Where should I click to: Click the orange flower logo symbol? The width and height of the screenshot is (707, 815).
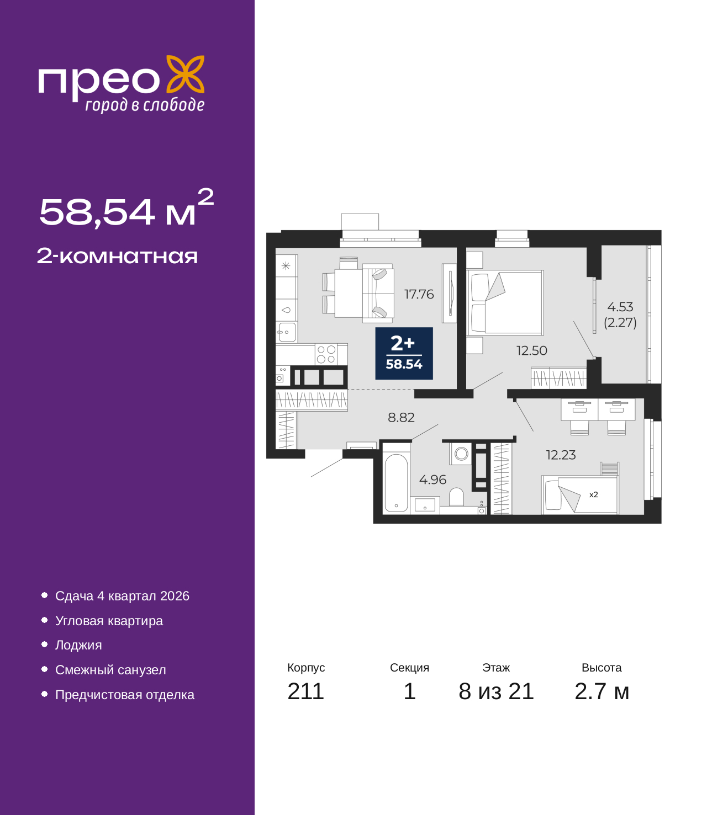pyautogui.click(x=185, y=74)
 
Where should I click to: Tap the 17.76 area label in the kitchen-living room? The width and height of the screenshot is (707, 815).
pyautogui.click(x=419, y=294)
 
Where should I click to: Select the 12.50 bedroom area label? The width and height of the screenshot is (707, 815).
pyautogui.click(x=531, y=350)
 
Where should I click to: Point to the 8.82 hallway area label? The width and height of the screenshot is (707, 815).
pyautogui.click(x=401, y=417)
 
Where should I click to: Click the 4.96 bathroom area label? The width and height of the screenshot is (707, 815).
pyautogui.click(x=432, y=480)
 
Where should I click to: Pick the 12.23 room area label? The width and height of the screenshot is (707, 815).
pyautogui.click(x=561, y=455)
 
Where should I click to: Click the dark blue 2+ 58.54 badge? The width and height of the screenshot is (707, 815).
pyautogui.click(x=404, y=353)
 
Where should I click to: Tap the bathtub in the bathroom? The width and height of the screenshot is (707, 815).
pyautogui.click(x=396, y=483)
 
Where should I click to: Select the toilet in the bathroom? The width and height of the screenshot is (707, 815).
pyautogui.click(x=456, y=497)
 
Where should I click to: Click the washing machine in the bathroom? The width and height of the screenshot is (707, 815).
pyautogui.click(x=461, y=454)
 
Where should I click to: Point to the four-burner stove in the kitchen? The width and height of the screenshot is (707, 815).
pyautogui.click(x=326, y=354)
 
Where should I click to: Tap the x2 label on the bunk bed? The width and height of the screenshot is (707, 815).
pyautogui.click(x=593, y=494)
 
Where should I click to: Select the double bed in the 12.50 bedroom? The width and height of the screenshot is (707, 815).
pyautogui.click(x=505, y=302)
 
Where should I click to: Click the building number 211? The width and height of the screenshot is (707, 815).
pyautogui.click(x=305, y=691)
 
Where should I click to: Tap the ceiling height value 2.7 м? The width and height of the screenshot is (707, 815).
pyautogui.click(x=602, y=691)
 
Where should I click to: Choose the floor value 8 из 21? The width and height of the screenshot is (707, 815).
pyautogui.click(x=496, y=691)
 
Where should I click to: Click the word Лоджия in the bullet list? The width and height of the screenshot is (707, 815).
pyautogui.click(x=78, y=645)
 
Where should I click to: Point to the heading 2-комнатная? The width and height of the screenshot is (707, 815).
pyautogui.click(x=117, y=256)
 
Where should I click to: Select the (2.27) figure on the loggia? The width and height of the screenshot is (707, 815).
pyautogui.click(x=620, y=323)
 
